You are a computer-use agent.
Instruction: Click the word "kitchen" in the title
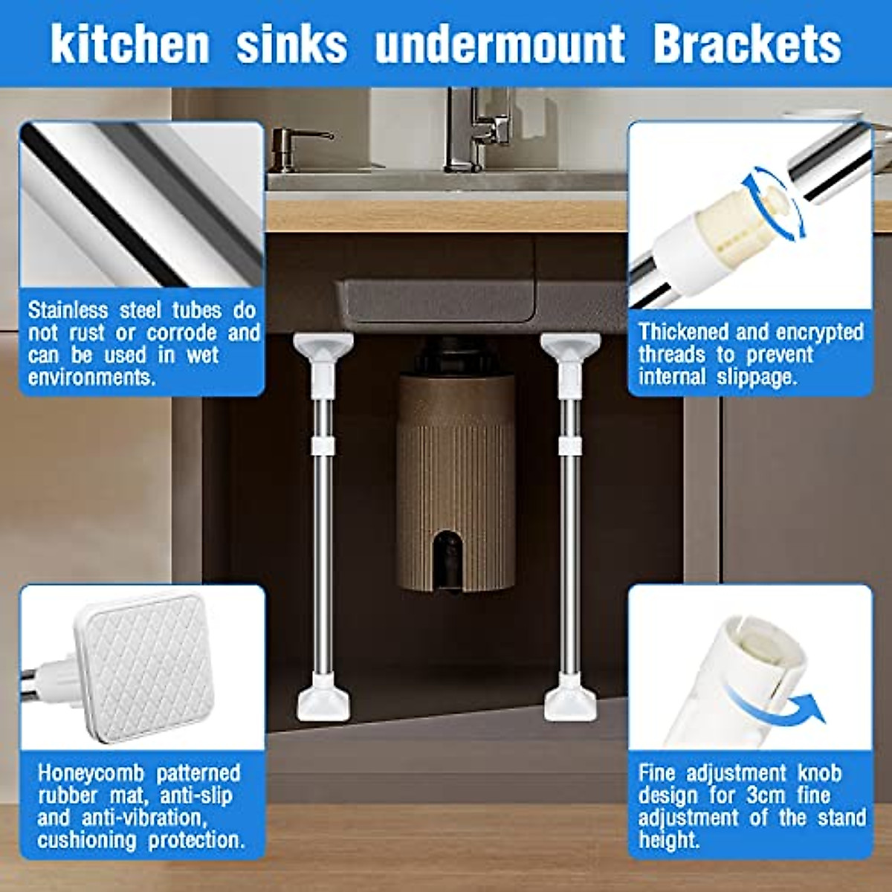(130, 44)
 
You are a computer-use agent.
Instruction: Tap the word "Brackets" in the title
(747, 44)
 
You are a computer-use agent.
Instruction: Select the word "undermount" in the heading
(500, 44)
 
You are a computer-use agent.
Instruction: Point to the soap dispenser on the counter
(287, 149)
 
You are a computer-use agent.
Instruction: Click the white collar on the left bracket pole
(323, 445)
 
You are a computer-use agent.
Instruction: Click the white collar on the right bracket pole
(570, 445)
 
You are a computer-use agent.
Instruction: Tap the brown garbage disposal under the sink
(455, 476)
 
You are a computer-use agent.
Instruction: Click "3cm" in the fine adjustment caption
(765, 795)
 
